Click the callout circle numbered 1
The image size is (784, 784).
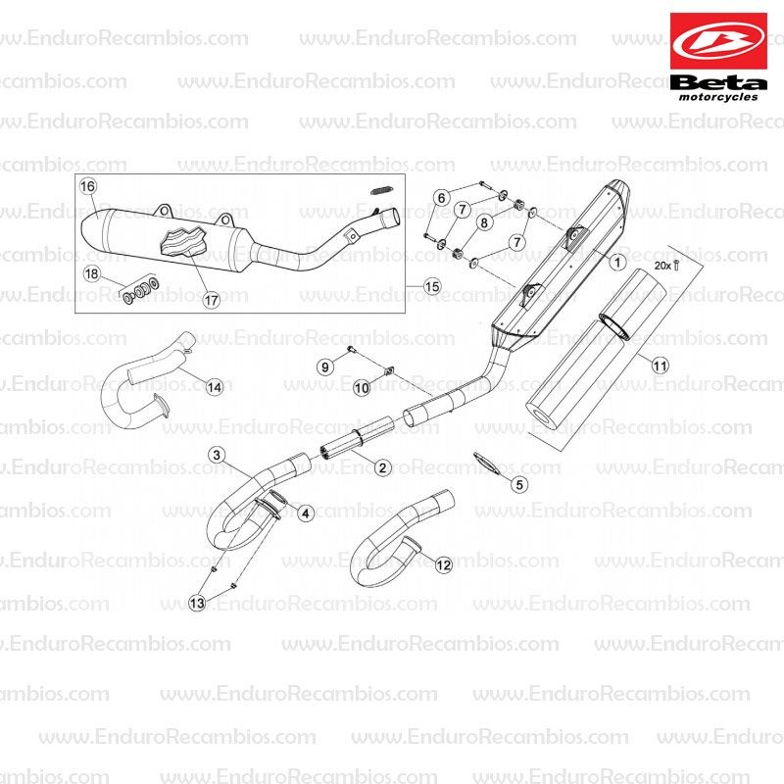click(618, 262)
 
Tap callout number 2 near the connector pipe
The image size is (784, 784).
click(382, 467)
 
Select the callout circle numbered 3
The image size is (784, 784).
click(216, 455)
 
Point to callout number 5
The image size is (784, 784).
click(519, 484)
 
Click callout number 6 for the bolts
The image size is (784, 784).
click(441, 198)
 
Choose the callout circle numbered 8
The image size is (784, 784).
click(484, 222)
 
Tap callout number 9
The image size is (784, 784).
click(325, 367)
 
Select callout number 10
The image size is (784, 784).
click(362, 387)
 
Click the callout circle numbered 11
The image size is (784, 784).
click(660, 366)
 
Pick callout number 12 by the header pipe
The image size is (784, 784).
click(444, 565)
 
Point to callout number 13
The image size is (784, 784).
click(197, 603)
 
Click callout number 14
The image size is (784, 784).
click(215, 387)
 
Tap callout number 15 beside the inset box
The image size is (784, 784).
click(432, 286)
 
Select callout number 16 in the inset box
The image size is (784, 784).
click(87, 186)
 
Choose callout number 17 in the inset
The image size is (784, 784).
click(211, 300)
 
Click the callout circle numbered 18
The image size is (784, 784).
click(91, 273)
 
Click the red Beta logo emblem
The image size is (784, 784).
click(718, 41)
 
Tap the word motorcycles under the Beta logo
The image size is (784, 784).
click(718, 96)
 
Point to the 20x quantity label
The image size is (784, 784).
click(663, 266)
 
